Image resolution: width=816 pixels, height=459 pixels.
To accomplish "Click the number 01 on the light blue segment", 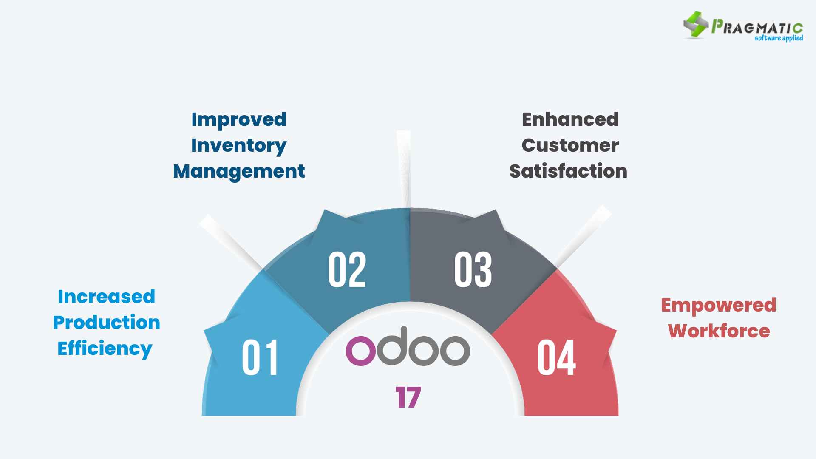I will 260,357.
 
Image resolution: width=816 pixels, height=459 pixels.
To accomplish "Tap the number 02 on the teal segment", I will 347,269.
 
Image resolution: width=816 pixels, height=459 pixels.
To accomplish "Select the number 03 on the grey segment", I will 473,269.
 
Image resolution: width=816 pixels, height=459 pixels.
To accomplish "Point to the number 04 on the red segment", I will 556,357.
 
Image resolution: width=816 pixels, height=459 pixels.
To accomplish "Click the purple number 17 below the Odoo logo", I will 408,397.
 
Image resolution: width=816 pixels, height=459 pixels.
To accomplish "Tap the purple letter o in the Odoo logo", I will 361,351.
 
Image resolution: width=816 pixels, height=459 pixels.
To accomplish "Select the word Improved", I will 239,119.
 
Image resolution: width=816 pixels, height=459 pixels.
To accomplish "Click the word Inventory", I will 239,146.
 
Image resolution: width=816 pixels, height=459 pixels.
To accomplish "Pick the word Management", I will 239,171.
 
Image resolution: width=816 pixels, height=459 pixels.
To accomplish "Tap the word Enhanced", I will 570,119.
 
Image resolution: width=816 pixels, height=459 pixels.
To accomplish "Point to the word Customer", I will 570,145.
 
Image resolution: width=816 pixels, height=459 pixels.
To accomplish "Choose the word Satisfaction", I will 568,171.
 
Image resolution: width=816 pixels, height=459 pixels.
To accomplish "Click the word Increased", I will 106,297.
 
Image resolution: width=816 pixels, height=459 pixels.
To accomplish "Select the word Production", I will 106,323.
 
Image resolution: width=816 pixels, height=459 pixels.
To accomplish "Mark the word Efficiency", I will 105,348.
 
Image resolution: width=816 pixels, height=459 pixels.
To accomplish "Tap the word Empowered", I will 719,306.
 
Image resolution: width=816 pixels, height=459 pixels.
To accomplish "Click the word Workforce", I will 719,331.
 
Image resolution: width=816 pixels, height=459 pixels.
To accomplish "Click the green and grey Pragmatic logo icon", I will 695,25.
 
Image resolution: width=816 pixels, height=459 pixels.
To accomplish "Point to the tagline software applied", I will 779,38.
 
